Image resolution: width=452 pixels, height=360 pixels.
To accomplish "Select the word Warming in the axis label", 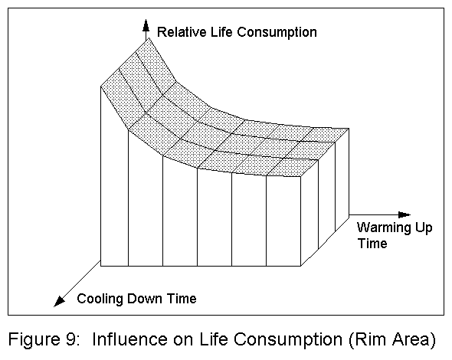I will [382, 228].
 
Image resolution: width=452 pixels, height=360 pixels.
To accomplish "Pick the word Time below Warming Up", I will [372, 244].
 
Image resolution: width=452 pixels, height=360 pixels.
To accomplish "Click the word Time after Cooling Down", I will [180, 299].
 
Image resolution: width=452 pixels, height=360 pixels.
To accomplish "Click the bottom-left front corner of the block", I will [101, 266].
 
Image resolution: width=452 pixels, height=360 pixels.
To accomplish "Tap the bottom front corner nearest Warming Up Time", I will [301, 266].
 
